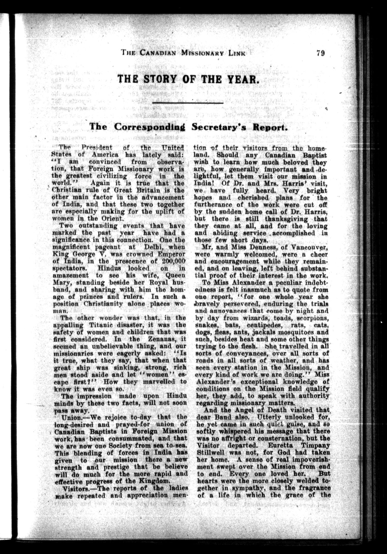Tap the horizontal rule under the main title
point(188,103)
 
